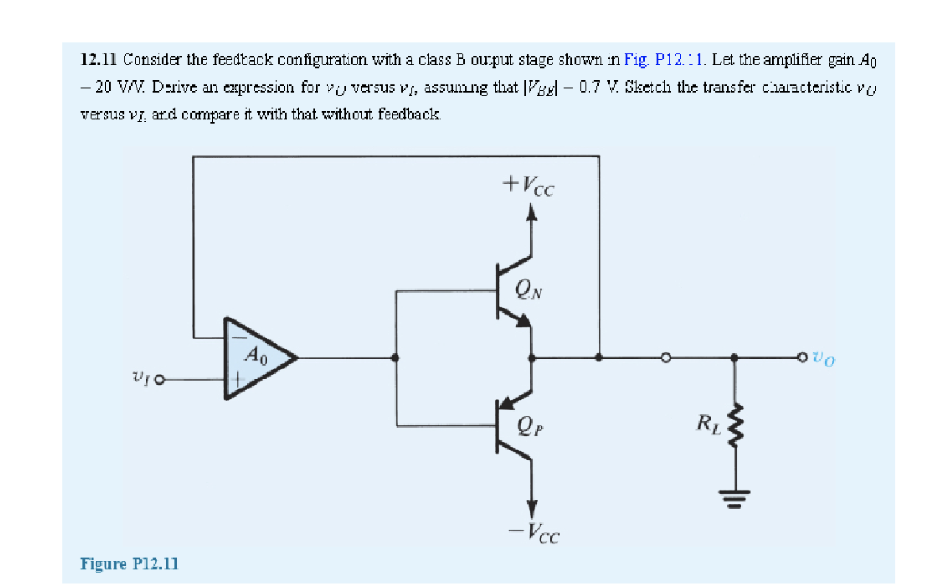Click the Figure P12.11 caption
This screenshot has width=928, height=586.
click(x=129, y=563)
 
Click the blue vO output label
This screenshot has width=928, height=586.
click(x=823, y=359)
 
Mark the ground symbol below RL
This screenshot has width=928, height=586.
click(x=737, y=495)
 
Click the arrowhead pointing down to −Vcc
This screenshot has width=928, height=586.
click(x=532, y=505)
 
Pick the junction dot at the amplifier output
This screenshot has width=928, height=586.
click(x=394, y=359)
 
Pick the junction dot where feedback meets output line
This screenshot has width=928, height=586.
click(x=598, y=359)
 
